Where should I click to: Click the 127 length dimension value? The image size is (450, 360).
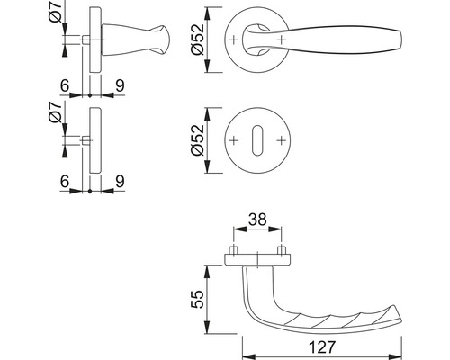[x=321, y=347]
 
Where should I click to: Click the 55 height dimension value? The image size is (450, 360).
[x=197, y=299]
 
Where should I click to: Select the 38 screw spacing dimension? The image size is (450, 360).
[x=257, y=220]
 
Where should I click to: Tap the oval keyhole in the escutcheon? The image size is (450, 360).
[x=257, y=140]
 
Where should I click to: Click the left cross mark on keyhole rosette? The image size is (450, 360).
[x=234, y=140]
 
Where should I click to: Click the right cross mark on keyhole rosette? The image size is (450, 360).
[x=281, y=140]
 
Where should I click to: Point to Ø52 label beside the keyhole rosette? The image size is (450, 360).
[x=197, y=140]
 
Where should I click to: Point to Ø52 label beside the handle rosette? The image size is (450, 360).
[x=197, y=40]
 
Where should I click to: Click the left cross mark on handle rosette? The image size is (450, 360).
[x=234, y=40]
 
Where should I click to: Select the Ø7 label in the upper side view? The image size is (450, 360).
[x=55, y=12]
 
